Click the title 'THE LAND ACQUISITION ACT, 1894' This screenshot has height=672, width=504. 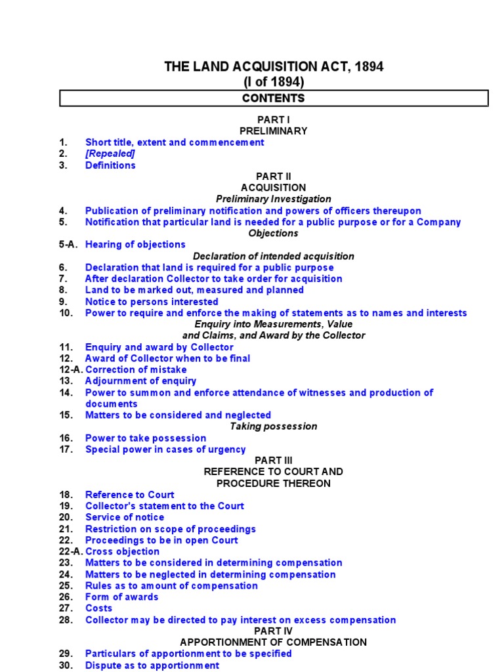274,66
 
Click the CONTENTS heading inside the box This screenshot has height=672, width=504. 274,98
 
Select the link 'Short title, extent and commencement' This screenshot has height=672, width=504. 175,142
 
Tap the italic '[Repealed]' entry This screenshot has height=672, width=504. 110,154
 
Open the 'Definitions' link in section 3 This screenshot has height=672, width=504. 110,165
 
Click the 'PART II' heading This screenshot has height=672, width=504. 274,177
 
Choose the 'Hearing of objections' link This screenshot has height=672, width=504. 135,245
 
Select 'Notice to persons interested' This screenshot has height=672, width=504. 152,302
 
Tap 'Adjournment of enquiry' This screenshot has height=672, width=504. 140,381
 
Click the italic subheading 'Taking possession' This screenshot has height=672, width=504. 274,427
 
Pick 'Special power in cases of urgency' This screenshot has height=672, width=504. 165,450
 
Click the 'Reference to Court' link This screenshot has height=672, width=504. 129,495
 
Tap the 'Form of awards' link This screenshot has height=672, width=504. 121,597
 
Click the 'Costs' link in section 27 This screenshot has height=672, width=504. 98,608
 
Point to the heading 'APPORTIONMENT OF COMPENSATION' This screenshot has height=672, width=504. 274,642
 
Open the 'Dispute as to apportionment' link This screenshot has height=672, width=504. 152,665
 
